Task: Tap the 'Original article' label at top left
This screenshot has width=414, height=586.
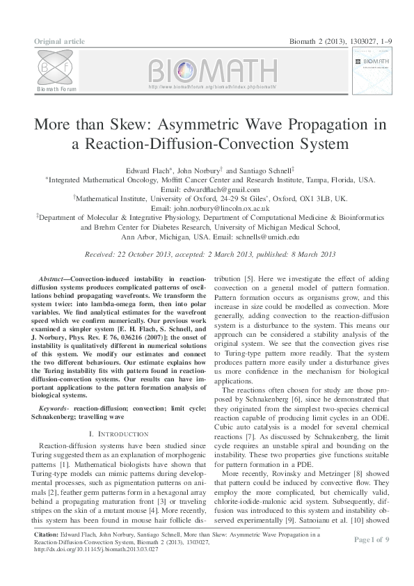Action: coord(59,42)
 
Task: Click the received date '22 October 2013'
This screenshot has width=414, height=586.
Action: coord(144,255)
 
